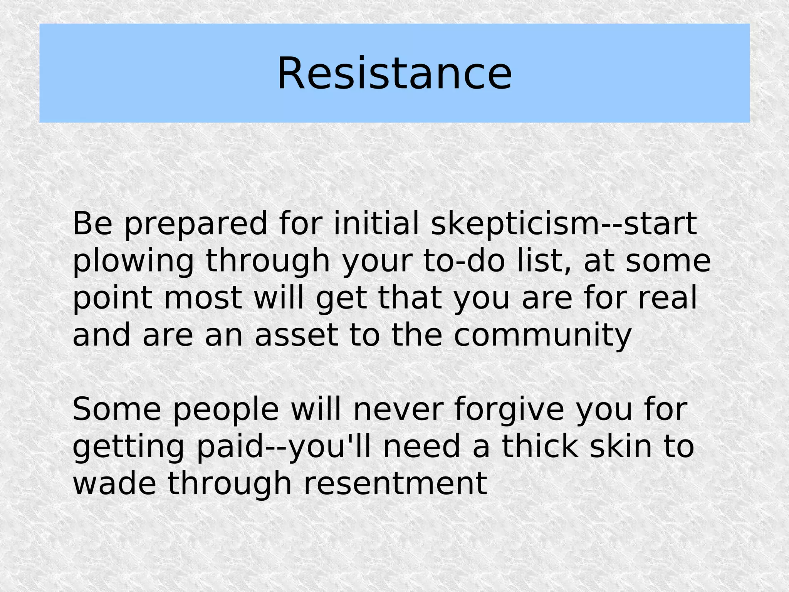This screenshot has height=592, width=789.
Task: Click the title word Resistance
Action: click(394, 73)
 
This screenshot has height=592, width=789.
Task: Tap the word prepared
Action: click(196, 224)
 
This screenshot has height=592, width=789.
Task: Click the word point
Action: click(112, 299)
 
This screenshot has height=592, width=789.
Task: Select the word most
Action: click(203, 298)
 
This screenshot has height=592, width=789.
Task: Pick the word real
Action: click(668, 298)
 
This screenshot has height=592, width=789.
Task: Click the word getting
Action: click(128, 448)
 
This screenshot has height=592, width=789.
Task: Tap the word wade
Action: click(114, 484)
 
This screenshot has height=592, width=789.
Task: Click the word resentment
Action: click(395, 484)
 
